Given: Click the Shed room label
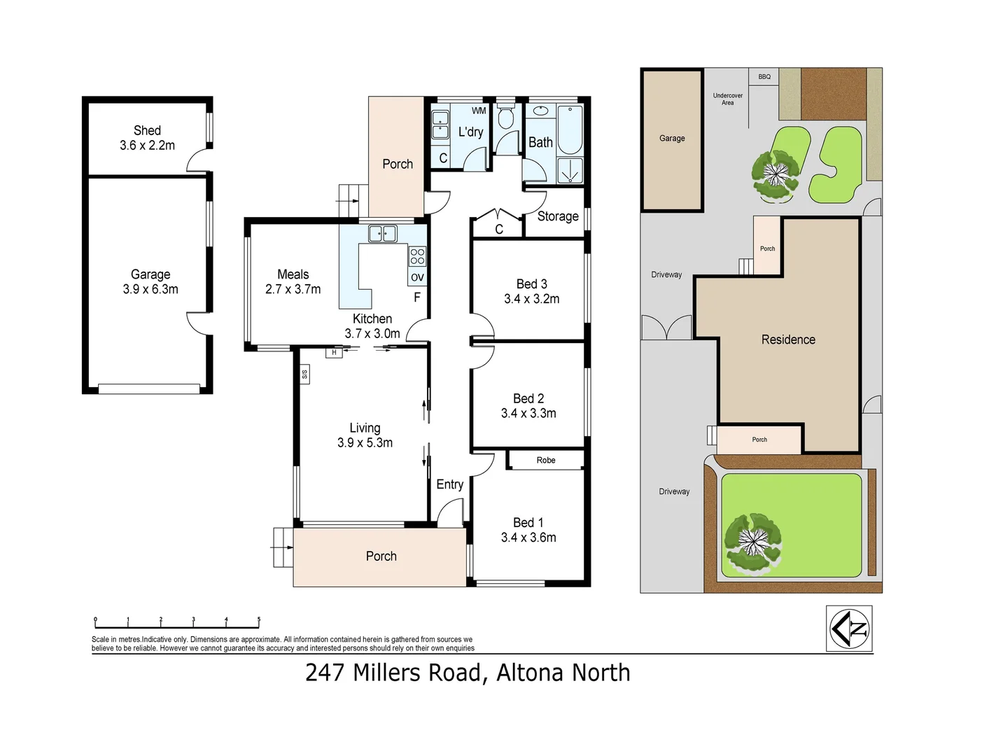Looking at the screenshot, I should pos(147,131).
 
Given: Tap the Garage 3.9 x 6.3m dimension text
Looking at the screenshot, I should pos(150,290).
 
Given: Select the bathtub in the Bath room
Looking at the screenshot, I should pos(570,129).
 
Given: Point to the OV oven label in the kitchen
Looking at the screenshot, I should pos(417,277).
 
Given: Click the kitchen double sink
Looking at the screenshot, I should pos(383,234).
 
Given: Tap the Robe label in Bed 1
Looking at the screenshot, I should pos(546,460).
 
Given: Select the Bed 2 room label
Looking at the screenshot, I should pos(528,398).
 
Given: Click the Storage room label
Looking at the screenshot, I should pos(558,216).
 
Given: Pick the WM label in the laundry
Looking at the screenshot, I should pos(479,111).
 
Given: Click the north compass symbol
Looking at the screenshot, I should pos(849,629).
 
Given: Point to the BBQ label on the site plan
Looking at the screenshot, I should pos(764,77).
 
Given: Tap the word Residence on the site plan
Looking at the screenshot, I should pos(788,339).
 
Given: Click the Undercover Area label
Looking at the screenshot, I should pos(728,99).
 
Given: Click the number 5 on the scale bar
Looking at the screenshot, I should pos(259,619).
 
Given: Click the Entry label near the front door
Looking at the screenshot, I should pos(450,484).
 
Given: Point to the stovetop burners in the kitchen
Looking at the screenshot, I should pos(417,256).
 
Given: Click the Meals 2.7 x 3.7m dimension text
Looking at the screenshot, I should pos(293,290).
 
